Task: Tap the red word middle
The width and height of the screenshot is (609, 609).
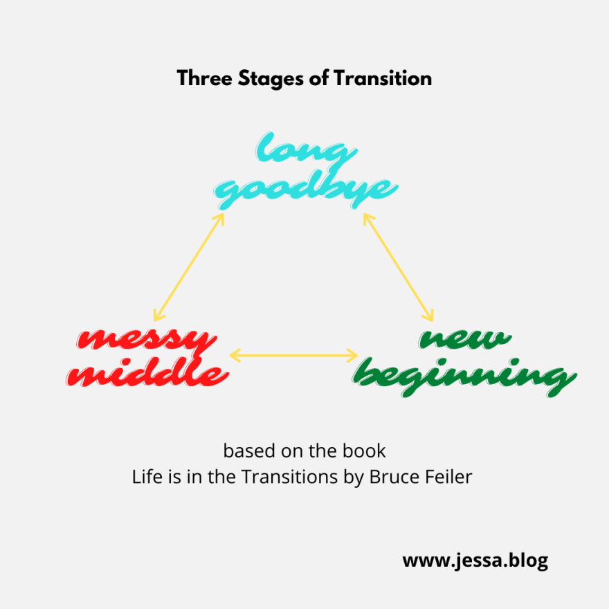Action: pyautogui.click(x=150, y=374)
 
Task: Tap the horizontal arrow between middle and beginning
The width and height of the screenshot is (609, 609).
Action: pyautogui.click(x=293, y=356)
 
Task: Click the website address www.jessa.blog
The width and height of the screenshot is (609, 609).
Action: pyautogui.click(x=475, y=561)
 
